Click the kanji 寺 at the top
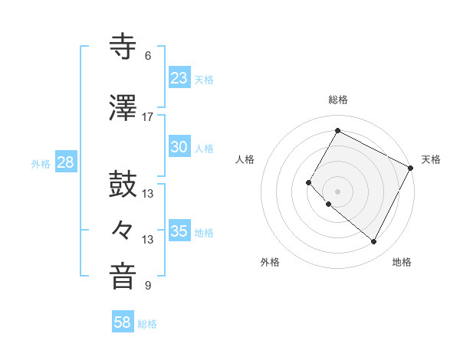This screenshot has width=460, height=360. tap(123, 47)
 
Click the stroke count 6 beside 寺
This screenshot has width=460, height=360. tap(147, 56)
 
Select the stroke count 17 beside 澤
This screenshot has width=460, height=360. tap(147, 117)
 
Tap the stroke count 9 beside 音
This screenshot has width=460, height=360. tap(147, 286)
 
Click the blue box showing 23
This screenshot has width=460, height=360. tap(179, 78)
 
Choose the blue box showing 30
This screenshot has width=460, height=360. tap(179, 148)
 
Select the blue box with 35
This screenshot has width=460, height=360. tap(179, 231)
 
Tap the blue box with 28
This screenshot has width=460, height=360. tap(65, 162)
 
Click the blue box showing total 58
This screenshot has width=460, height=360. tap(122, 322)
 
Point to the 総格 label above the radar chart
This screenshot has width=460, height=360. tap(337, 100)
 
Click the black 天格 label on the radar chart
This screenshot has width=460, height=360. tap(431, 159)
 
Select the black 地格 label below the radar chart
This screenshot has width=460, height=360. tap(402, 262)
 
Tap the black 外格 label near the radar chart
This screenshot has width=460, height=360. tap(270, 262)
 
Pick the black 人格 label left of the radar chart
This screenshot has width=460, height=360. tap(245, 159)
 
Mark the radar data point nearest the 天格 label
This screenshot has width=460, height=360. tap(410, 168)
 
